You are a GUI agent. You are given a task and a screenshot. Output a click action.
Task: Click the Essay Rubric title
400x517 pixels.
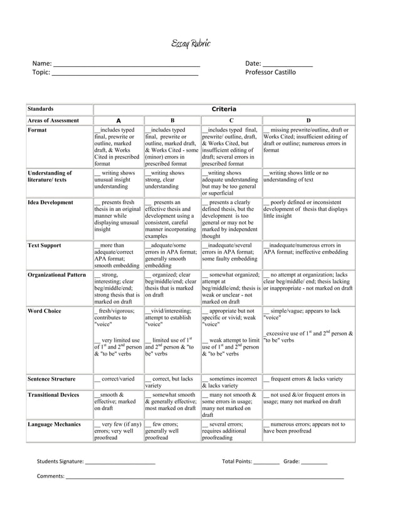coord(191,43)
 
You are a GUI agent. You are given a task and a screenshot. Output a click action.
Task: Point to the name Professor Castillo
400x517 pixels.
coord(270,73)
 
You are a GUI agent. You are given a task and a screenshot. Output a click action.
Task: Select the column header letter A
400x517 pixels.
coord(118,120)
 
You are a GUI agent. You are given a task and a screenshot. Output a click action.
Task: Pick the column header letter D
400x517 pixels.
coord(308,120)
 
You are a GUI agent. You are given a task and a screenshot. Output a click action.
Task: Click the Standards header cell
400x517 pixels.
coord(41,109)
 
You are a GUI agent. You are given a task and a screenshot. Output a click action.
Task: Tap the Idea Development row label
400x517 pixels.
coord(51,203)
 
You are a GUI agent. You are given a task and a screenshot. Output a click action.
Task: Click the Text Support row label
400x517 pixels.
coord(45,246)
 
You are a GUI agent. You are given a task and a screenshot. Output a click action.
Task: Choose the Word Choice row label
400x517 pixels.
coord(45,310)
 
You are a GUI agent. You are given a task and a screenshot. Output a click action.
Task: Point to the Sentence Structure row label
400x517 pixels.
coord(52,379)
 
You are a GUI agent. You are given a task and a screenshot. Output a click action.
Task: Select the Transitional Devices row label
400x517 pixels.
coord(54,396)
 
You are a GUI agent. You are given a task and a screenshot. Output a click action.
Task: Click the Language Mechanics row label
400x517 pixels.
coord(55,424)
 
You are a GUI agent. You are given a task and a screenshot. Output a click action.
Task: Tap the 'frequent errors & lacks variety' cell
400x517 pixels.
coord(307,379)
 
